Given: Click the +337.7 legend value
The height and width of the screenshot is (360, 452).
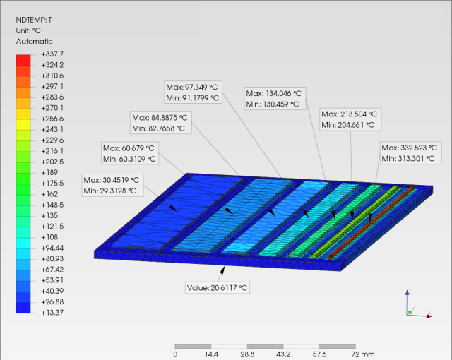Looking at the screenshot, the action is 52,54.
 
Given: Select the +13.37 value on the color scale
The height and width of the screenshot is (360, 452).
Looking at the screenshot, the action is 52,313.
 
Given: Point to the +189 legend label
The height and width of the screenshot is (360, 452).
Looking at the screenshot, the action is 49,172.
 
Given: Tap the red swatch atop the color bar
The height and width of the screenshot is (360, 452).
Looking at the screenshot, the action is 23,60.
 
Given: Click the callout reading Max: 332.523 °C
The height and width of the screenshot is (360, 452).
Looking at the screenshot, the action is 411,153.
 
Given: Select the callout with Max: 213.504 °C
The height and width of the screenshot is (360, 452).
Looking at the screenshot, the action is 350,119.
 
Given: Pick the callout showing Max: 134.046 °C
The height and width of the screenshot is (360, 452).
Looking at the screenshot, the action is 275,99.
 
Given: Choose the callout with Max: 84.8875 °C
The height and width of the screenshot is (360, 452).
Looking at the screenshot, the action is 161,123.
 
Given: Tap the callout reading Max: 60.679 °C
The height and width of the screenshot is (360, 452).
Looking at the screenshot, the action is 130,153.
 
